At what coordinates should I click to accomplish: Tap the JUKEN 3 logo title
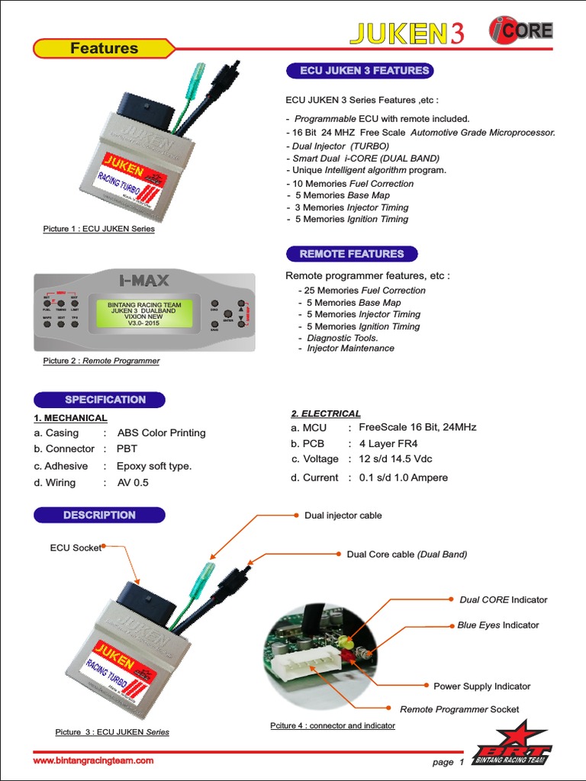click(x=406, y=33)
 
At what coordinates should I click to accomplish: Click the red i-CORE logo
click(x=520, y=31)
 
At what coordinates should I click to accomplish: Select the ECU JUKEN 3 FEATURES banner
click(x=359, y=71)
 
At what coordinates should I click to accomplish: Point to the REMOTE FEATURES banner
click(x=351, y=254)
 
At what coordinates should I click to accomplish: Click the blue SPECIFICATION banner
click(x=99, y=400)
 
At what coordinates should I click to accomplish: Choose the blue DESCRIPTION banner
click(x=99, y=516)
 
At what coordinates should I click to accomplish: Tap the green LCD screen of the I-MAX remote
click(x=145, y=313)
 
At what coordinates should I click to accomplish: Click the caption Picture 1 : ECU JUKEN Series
click(x=98, y=229)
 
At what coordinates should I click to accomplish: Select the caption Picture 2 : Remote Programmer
click(x=101, y=361)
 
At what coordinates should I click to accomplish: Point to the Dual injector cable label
click(x=343, y=516)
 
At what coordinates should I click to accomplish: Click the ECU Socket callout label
click(x=75, y=548)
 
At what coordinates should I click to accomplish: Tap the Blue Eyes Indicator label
click(x=497, y=625)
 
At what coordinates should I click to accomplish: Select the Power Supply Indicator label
click(x=481, y=686)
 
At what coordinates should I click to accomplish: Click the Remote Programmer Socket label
click(x=459, y=709)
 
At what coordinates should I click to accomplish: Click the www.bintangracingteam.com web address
click(x=93, y=760)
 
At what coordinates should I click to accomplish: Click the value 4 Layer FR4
click(x=388, y=444)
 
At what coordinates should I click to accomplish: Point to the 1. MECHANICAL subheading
click(x=70, y=418)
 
